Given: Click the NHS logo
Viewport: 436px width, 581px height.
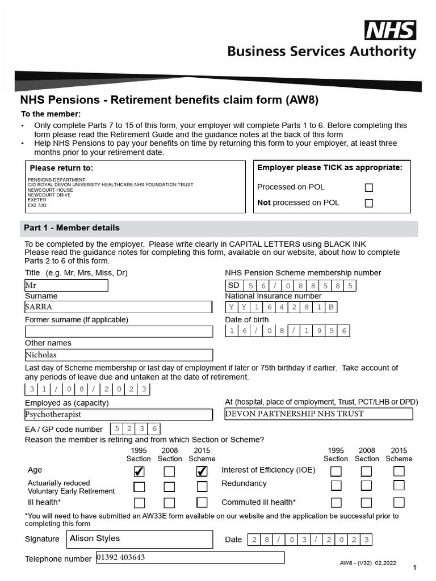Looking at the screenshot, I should tap(390, 30).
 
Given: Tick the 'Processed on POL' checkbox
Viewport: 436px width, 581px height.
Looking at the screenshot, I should tap(369, 187).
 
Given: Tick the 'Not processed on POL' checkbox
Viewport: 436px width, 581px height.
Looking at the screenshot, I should tap(369, 203).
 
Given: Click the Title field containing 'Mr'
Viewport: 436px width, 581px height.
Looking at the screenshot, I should tap(66, 285).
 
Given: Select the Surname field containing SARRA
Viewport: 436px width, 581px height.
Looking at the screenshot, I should tap(118, 308).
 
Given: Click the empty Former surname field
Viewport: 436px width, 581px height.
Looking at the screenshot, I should tap(118, 331).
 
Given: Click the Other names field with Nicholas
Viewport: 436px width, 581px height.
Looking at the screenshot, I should tap(118, 355).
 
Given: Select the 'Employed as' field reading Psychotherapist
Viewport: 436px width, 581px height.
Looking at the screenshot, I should tap(118, 414).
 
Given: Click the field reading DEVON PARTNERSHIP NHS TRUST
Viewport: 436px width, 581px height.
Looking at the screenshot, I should tap(318, 414).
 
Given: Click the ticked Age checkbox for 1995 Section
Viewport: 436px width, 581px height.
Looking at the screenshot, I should tap(139, 471).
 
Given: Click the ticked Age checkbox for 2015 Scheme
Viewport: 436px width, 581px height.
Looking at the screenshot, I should tap(202, 471).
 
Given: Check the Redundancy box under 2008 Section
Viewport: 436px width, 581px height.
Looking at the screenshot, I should tap(367, 486).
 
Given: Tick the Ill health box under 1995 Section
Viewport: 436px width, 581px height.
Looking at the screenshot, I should tap(139, 503).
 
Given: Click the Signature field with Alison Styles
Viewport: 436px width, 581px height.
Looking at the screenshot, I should tap(139, 539).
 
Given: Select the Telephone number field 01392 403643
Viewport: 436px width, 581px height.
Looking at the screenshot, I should tap(190, 558).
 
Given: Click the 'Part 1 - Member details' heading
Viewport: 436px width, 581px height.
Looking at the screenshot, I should tap(72, 228).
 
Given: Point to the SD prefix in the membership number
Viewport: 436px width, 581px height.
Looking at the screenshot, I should tap(233, 286).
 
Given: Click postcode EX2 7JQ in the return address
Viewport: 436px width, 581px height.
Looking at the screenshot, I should tap(37, 205).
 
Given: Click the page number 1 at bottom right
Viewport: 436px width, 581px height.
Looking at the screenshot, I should tap(415, 568).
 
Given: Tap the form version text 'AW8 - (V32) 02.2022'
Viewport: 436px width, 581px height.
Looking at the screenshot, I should tap(367, 563).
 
